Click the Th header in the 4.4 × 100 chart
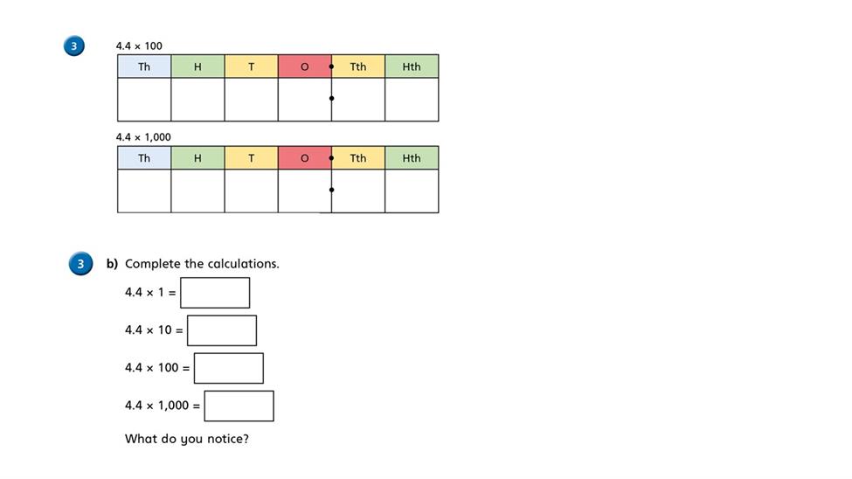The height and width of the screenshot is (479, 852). click(144, 66)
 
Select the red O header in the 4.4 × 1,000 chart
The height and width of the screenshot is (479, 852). click(305, 157)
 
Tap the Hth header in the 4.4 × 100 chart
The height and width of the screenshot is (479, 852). click(412, 66)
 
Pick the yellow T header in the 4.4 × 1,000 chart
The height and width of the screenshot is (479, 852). click(251, 157)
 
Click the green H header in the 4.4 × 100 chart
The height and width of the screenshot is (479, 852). click(197, 66)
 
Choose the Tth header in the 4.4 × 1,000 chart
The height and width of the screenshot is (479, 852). click(358, 157)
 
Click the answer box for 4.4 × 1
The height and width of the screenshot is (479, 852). click(215, 293)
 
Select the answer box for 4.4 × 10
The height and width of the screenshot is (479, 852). click(222, 330)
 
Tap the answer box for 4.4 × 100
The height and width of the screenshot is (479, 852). click(229, 368)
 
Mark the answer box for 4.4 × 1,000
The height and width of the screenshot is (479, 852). click(239, 406)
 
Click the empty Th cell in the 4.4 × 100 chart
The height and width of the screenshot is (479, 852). click(144, 100)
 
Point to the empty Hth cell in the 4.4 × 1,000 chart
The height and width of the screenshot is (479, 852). click(412, 191)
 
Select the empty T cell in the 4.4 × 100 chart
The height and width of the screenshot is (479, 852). click(251, 100)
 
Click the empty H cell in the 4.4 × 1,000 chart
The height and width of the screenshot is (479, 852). click(197, 191)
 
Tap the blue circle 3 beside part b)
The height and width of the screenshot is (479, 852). click(80, 264)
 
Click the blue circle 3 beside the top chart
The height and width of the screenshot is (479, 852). click(74, 45)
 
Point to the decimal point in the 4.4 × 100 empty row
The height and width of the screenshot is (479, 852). click(331, 99)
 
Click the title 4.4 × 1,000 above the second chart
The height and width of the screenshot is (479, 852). click(143, 137)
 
